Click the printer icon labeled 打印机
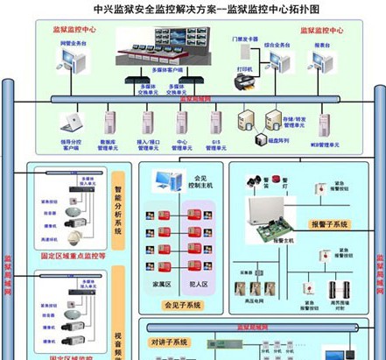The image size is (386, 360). point(243,81)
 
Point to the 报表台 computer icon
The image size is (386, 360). point(323,59)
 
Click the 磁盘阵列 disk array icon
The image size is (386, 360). point(261,139)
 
